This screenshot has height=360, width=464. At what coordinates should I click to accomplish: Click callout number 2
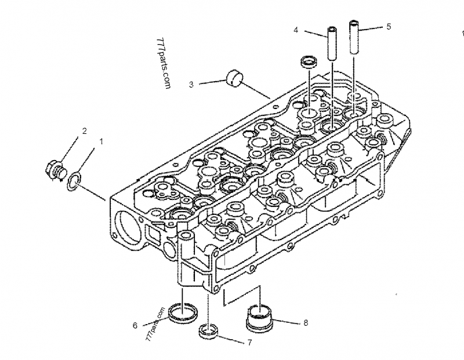(x=84, y=131)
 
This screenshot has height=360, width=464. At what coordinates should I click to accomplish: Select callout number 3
(x=191, y=85)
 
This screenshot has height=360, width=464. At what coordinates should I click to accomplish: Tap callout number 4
(x=296, y=29)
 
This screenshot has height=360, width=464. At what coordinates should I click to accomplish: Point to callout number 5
(x=389, y=26)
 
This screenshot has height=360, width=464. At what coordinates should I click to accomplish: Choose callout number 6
(x=135, y=325)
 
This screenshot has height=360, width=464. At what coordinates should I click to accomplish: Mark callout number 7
(x=249, y=343)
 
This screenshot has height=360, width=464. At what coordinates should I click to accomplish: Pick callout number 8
(x=305, y=322)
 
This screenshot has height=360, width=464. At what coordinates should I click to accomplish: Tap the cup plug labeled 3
(x=233, y=78)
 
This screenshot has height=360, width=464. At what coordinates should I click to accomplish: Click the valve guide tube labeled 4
(x=333, y=43)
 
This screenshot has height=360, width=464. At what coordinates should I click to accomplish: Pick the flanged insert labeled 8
(x=261, y=316)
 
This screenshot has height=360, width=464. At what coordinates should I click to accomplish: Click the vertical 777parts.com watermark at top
(x=165, y=64)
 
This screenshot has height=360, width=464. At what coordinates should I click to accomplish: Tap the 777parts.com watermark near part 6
(x=156, y=323)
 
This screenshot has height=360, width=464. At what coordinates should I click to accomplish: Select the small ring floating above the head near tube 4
(x=307, y=61)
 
